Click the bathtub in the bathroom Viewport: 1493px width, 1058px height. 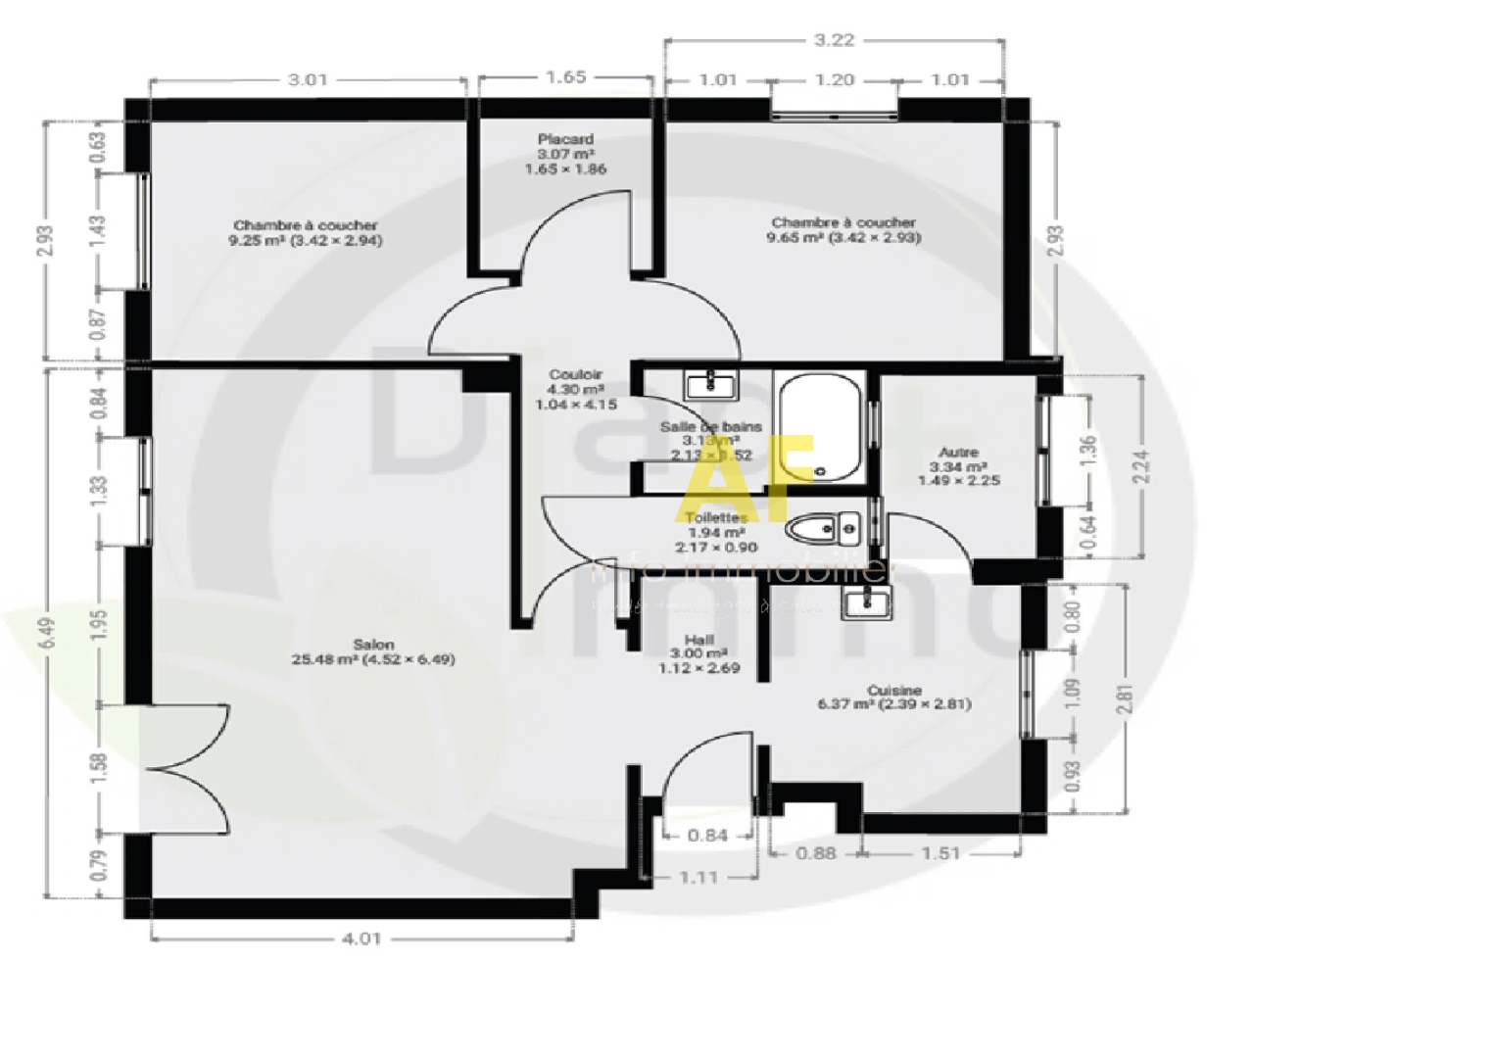[820, 428]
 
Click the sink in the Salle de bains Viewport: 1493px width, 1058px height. [709, 384]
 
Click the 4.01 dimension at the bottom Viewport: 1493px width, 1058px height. [361, 938]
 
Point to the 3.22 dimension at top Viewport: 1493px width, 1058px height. [834, 40]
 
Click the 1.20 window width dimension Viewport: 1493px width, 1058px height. [834, 80]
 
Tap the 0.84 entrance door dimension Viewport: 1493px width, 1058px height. [707, 836]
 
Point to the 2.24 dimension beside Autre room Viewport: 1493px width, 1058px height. [1140, 466]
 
